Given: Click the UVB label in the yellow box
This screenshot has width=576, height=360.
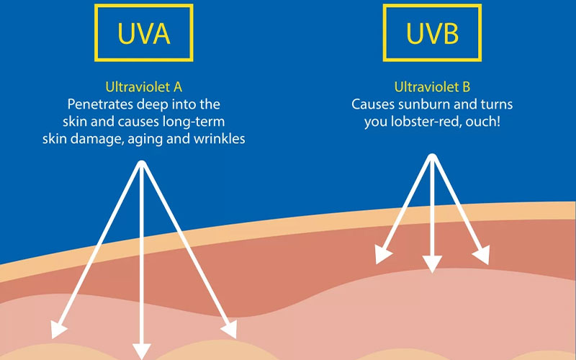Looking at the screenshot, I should click(432, 32).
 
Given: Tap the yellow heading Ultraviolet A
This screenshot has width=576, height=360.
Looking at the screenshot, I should click(143, 88).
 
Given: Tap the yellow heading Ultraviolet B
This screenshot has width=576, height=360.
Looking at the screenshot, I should click(432, 88).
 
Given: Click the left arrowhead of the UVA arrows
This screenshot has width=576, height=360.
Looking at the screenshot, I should click(57, 330).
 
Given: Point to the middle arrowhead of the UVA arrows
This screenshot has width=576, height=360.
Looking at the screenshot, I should click(143, 349).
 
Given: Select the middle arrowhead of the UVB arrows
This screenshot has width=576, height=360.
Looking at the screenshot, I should click(432, 264).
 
